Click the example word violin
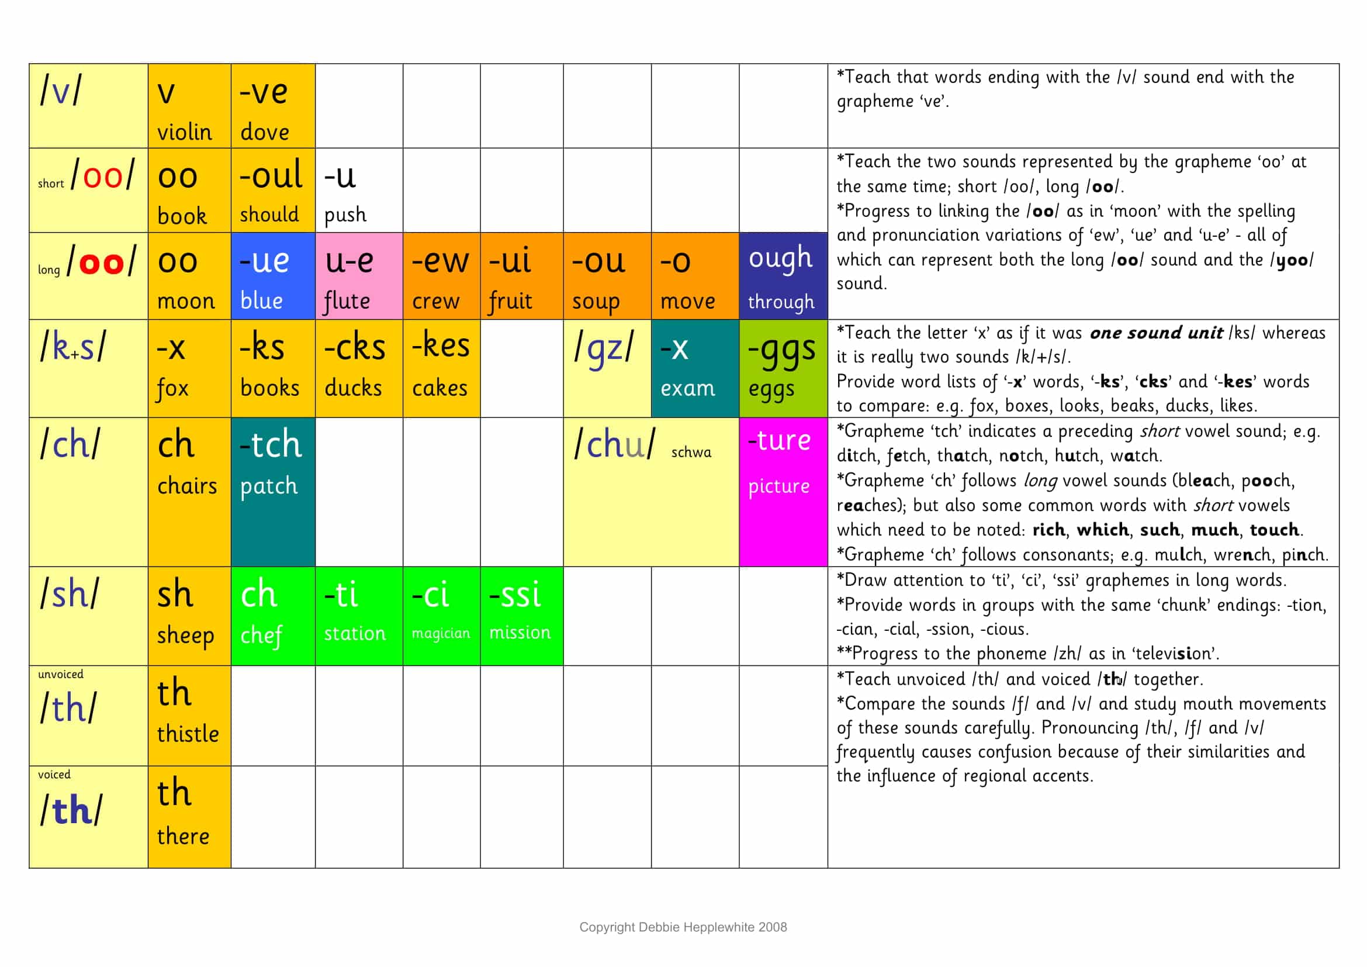184,132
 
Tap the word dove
264,132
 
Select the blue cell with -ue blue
273,276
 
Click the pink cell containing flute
358,276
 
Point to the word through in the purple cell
781,302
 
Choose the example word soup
596,302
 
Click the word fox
172,388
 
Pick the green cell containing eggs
783,368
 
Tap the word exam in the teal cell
687,388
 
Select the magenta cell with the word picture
783,491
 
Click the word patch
268,486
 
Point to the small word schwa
691,453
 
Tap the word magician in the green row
441,633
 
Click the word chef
261,635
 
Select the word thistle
188,734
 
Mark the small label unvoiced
61,674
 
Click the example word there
183,836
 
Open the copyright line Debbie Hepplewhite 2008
683,927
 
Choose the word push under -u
345,215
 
